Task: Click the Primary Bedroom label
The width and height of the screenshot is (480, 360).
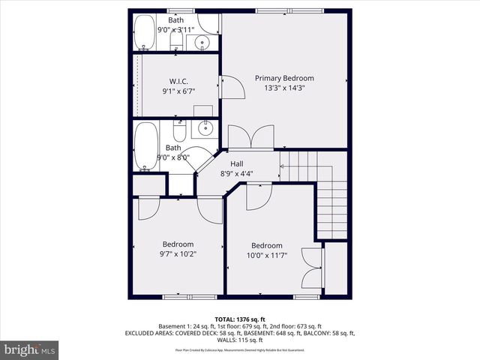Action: [284, 78]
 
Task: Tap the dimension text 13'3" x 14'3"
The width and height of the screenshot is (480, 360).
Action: [284, 88]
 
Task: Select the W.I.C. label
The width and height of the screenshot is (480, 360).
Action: [178, 81]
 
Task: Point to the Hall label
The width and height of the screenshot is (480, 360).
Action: [236, 164]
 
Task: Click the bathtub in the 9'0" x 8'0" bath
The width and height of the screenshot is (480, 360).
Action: [145, 146]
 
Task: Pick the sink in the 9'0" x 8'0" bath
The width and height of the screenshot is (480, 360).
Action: [204, 128]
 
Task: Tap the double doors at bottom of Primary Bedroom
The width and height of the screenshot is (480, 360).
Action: [249, 138]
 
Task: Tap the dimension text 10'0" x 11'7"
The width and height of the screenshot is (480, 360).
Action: [266, 256]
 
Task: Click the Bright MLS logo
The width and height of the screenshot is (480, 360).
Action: [29, 349]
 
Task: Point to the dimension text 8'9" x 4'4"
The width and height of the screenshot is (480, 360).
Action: [236, 174]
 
